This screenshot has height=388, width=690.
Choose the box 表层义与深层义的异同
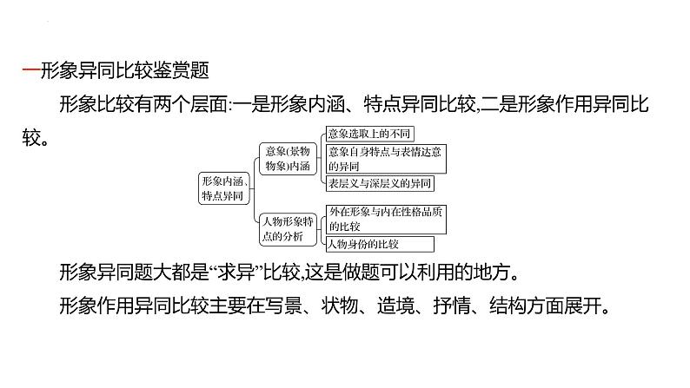pyautogui.click(x=377, y=183)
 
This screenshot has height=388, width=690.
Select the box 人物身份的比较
pyautogui.click(x=366, y=244)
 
